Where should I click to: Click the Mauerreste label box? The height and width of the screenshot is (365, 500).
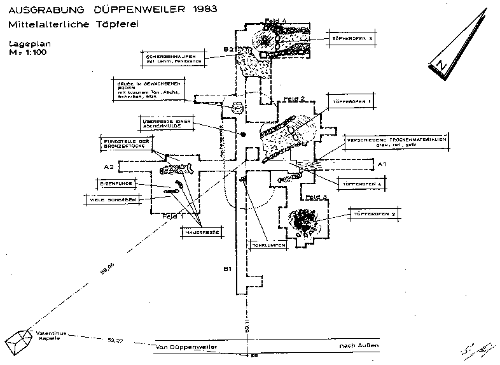(x=199, y=233)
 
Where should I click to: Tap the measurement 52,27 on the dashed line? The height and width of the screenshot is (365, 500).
(x=115, y=341)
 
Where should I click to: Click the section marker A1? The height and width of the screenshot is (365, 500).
(x=382, y=164)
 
